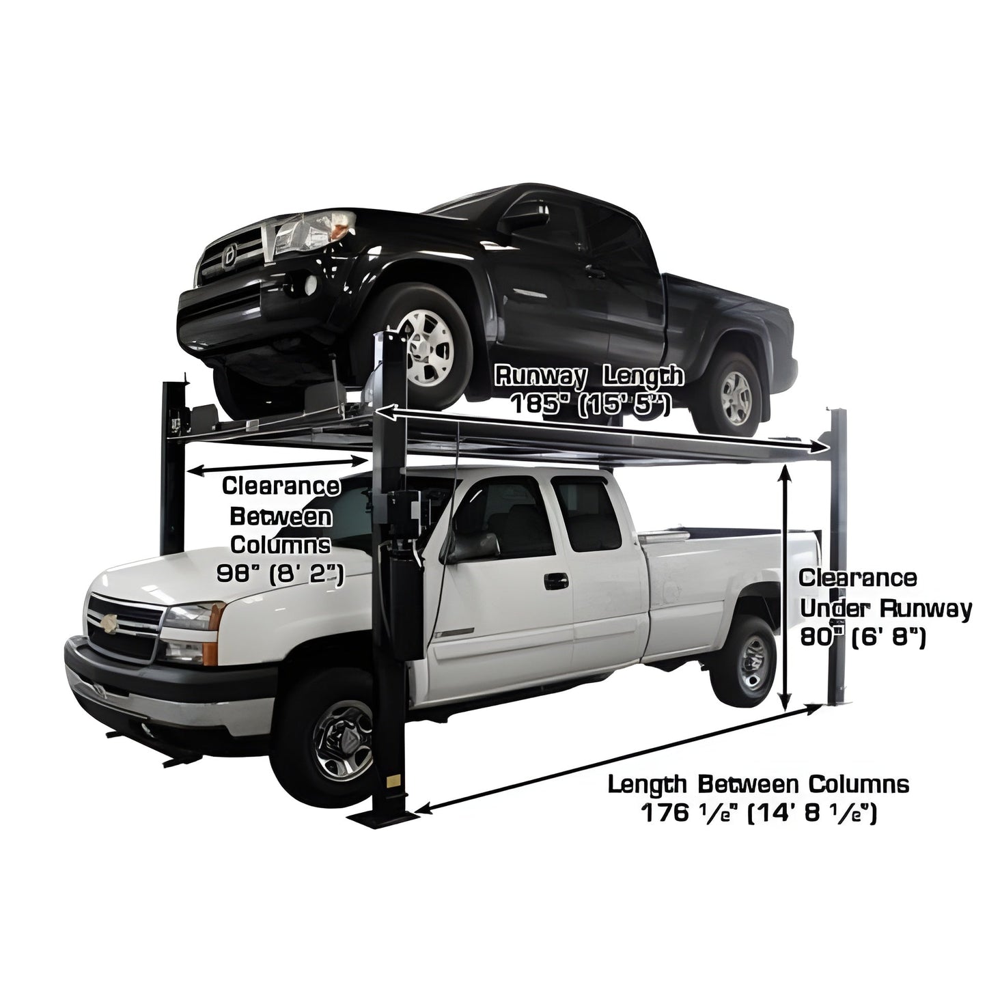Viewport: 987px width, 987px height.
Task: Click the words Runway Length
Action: click(x=589, y=375)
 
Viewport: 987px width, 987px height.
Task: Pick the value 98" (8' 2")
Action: click(x=280, y=572)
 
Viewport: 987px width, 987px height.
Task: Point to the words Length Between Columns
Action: click(x=758, y=784)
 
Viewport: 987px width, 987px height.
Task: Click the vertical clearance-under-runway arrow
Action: click(x=787, y=587)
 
